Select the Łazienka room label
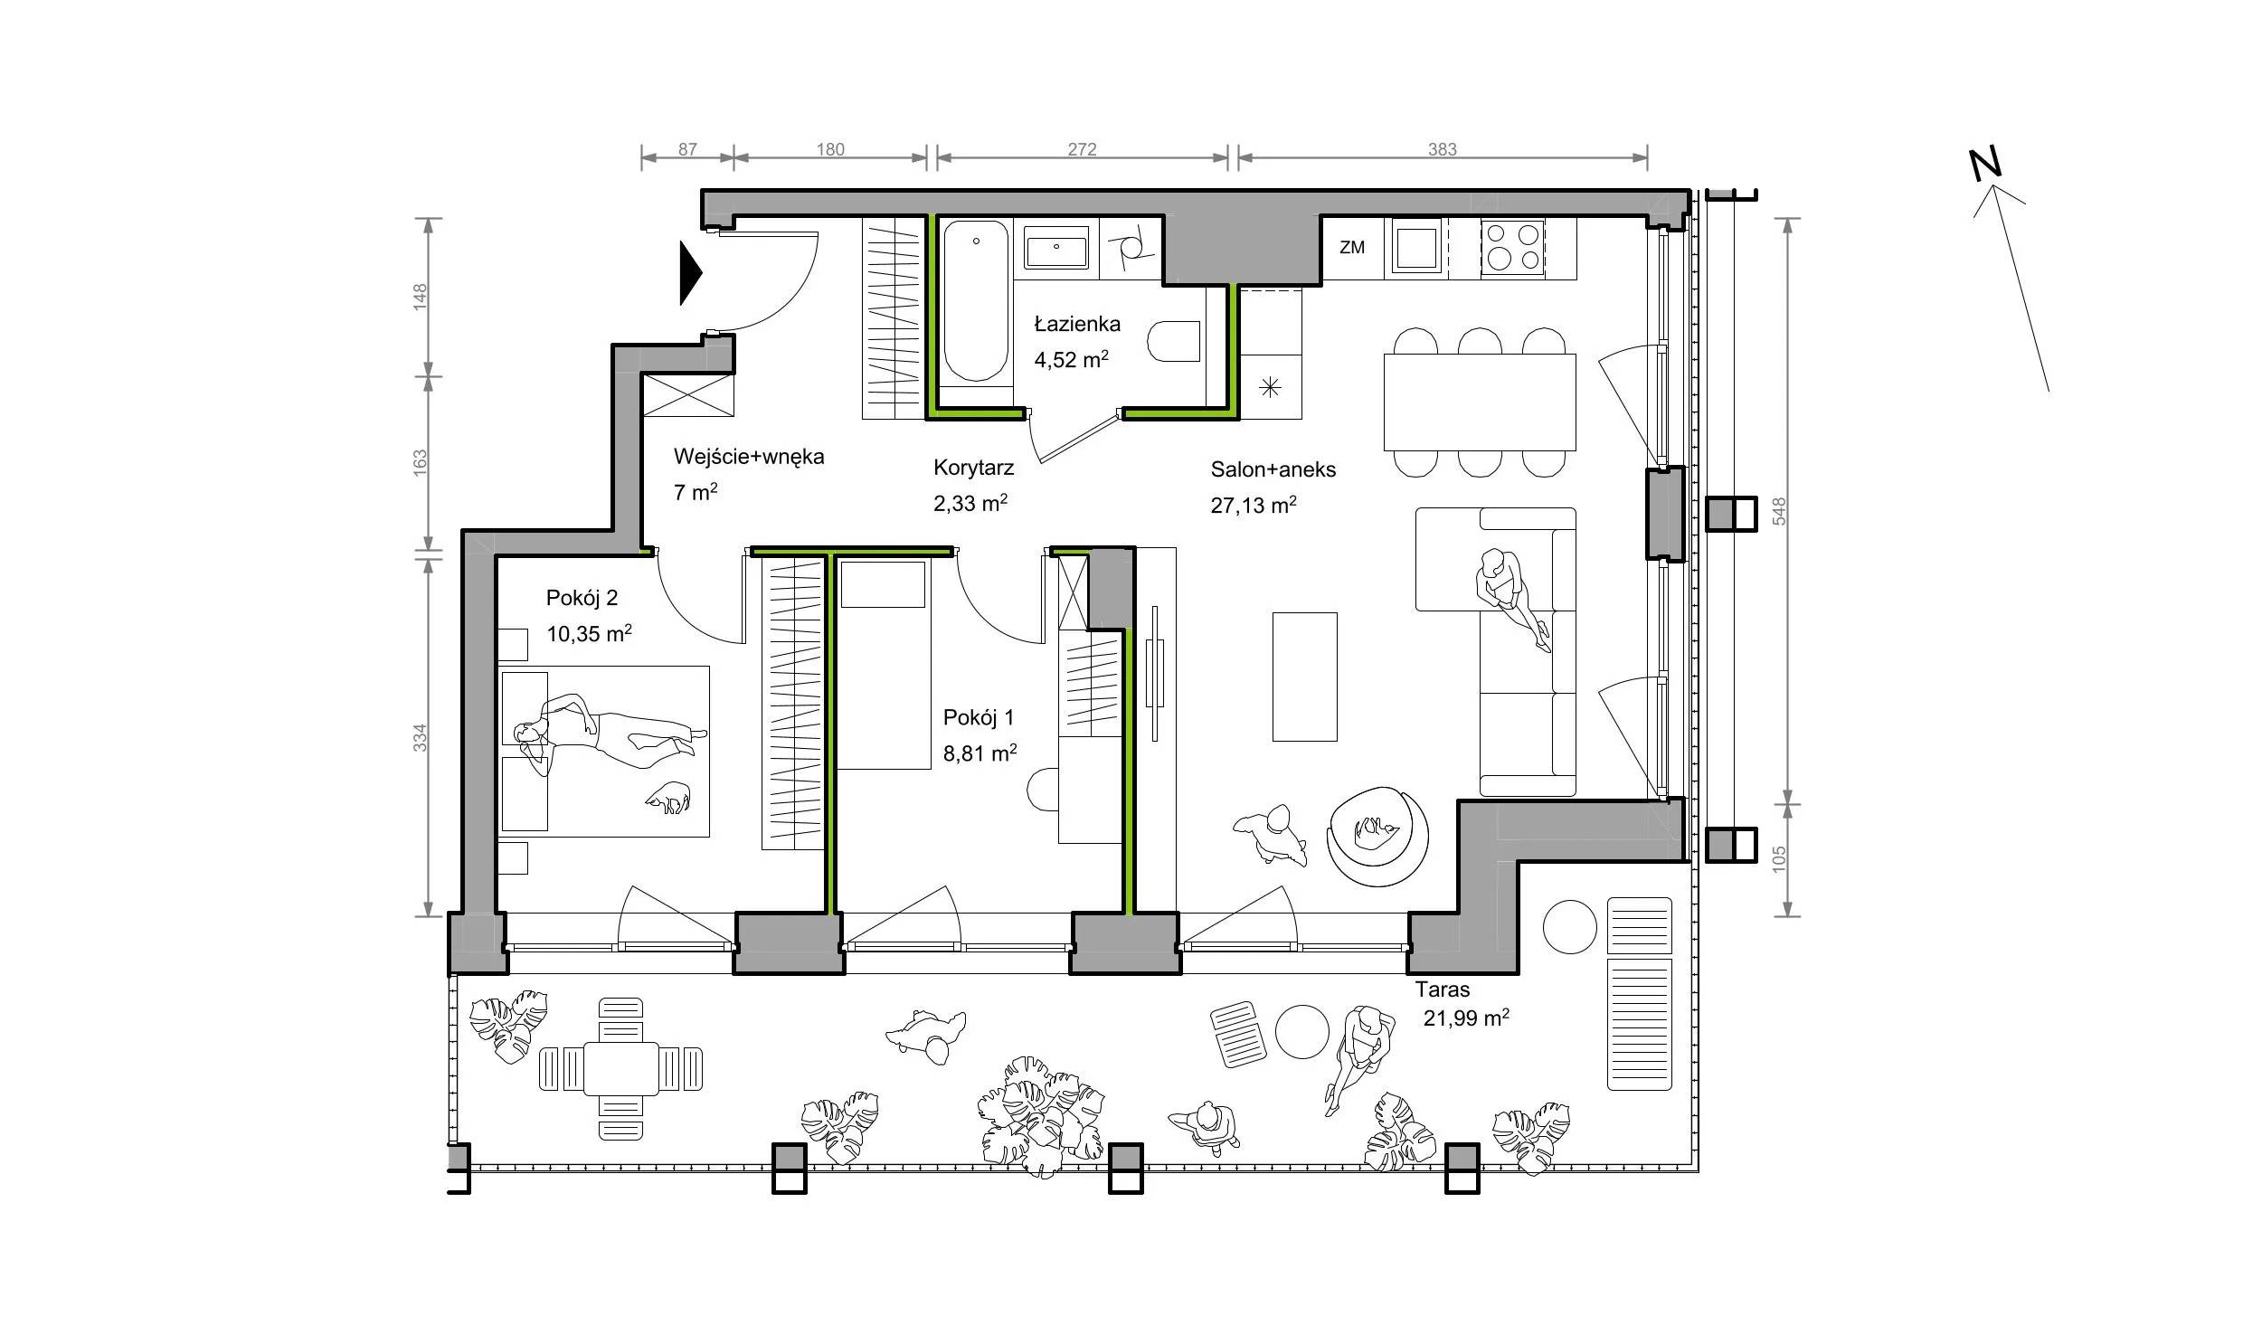click(x=1077, y=323)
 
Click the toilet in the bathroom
click(x=1175, y=341)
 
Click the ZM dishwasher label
click(x=1351, y=247)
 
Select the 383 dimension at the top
click(x=1442, y=149)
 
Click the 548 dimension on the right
click(x=1779, y=511)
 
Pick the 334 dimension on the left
click(x=420, y=737)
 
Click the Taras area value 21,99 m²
click(x=1466, y=1018)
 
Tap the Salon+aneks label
click(x=1273, y=469)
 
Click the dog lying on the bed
click(x=668, y=799)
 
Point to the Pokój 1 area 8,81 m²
click(x=980, y=753)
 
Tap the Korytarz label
click(x=973, y=468)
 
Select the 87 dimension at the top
click(x=687, y=149)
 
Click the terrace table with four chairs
click(x=620, y=1068)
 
